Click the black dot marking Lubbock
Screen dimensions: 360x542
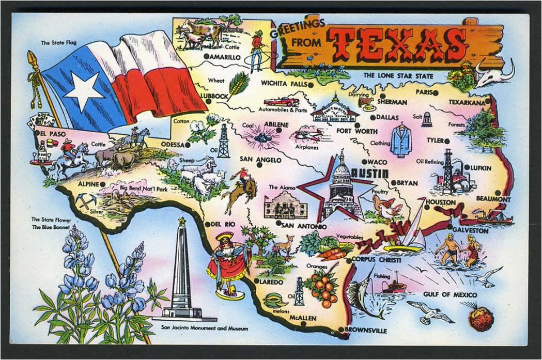[208, 101]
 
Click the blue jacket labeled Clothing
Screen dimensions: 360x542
[399, 140]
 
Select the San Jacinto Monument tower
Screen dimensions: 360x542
[181, 271]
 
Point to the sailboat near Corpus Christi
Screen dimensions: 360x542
[411, 232]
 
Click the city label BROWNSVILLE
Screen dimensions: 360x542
[366, 329]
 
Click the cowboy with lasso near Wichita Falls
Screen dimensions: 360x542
[256, 50]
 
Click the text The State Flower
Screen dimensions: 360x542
[51, 220]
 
